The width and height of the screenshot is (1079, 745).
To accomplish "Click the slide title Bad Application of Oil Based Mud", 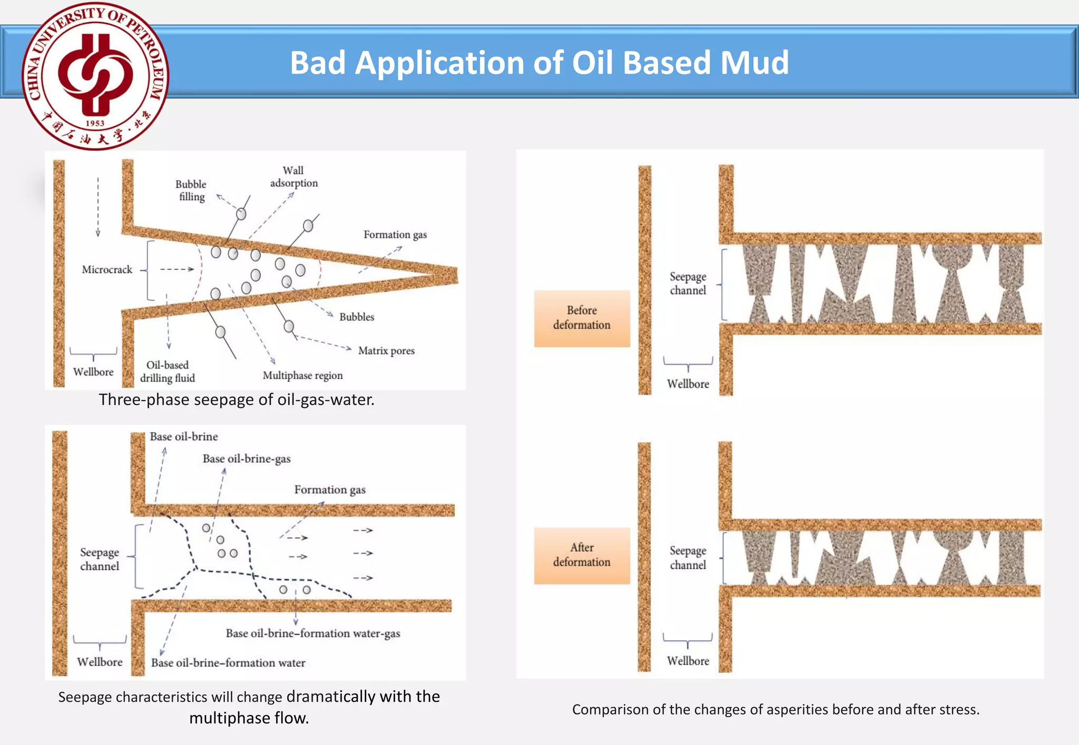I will pyautogui.click(x=539, y=63).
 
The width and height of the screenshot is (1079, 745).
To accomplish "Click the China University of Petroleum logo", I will pyautogui.click(x=95, y=76).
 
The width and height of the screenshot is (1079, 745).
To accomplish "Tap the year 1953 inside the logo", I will pyautogui.click(x=95, y=123).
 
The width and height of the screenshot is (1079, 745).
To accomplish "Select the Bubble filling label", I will pyautogui.click(x=191, y=191).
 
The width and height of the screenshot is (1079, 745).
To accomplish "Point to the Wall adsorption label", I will pyautogui.click(x=293, y=177).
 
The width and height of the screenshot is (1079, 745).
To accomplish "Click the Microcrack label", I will pyautogui.click(x=107, y=270).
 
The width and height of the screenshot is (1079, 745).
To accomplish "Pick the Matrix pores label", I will pyautogui.click(x=386, y=351).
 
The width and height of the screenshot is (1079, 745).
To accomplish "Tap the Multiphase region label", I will pyautogui.click(x=302, y=375).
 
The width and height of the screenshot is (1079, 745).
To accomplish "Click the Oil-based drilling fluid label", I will pyautogui.click(x=168, y=372).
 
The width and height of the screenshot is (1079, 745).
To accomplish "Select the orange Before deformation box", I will pyautogui.click(x=582, y=318).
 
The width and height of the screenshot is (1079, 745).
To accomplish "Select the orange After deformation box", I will pyautogui.click(x=582, y=555).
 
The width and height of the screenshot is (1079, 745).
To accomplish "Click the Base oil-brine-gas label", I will pyautogui.click(x=247, y=459).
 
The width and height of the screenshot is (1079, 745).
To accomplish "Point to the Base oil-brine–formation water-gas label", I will pyautogui.click(x=313, y=633).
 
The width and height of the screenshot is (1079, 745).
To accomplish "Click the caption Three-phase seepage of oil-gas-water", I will pyautogui.click(x=237, y=400).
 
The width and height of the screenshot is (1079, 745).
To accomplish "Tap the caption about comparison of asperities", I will pyautogui.click(x=776, y=710).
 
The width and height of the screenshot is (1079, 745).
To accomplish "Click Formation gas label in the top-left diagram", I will pyautogui.click(x=395, y=235).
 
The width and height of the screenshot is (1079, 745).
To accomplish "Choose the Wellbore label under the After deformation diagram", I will pyautogui.click(x=688, y=661).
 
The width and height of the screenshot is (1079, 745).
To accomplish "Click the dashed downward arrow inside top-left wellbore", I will pyautogui.click(x=98, y=208).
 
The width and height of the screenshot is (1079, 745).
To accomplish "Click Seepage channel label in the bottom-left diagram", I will pyautogui.click(x=100, y=559).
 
